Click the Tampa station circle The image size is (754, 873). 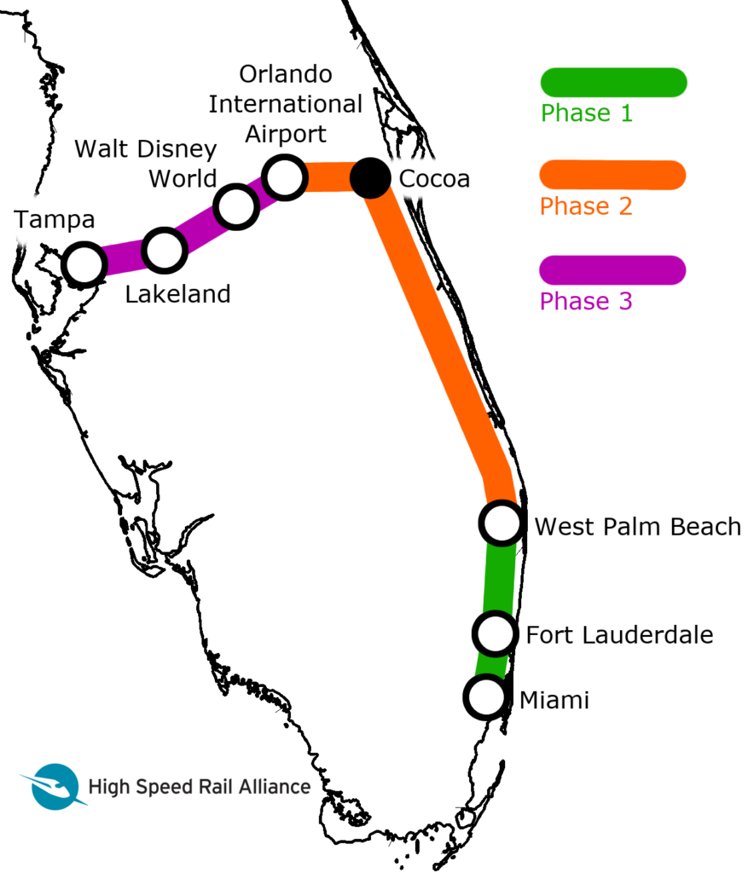pos(84,264)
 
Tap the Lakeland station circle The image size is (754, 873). pos(165,250)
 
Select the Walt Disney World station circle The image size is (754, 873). pos(236,206)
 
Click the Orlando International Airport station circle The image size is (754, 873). pos(285,177)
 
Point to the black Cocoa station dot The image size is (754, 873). pos(370,178)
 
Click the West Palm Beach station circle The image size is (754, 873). pos(502,523)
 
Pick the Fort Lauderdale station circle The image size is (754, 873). pos(495,633)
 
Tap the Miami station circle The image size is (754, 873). pos(487,697)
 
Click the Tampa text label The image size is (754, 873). pos(54,221)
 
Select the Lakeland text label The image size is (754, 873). pos(177,294)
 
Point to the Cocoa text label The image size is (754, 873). pos(434,179)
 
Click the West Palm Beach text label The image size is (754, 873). pos(638,527)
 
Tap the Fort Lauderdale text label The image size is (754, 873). pos(619,634)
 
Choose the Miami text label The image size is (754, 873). pos(554,701)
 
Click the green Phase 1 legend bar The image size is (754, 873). pos(613,83)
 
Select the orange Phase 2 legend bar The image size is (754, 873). pos(612,176)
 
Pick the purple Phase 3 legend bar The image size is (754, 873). pos(612,270)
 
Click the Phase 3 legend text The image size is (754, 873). pos(586,301)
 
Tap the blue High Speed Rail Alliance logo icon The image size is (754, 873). pos(54,786)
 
